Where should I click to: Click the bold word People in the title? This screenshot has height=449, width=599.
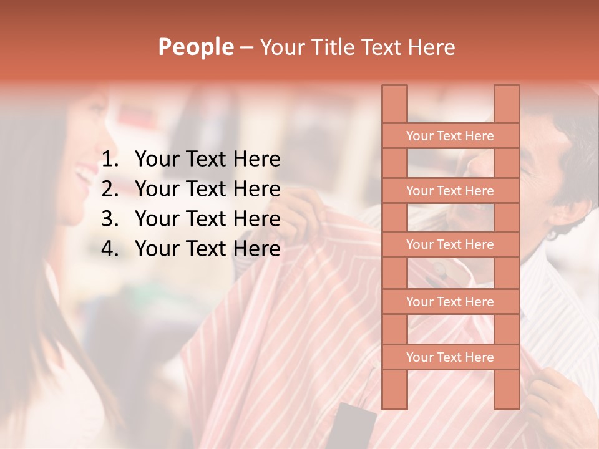(195, 47)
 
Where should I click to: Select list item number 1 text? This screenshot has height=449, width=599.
(207, 160)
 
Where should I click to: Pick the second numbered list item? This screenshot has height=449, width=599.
(207, 189)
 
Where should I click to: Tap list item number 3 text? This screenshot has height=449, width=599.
(207, 219)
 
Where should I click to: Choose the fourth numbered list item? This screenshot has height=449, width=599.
(207, 249)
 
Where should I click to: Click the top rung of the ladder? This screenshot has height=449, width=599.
(450, 135)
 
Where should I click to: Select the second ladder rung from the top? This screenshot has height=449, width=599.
(450, 190)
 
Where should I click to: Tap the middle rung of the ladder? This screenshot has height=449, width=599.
(450, 244)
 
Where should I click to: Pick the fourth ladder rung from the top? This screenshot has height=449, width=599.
(450, 301)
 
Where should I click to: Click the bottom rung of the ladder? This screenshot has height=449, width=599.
(450, 357)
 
